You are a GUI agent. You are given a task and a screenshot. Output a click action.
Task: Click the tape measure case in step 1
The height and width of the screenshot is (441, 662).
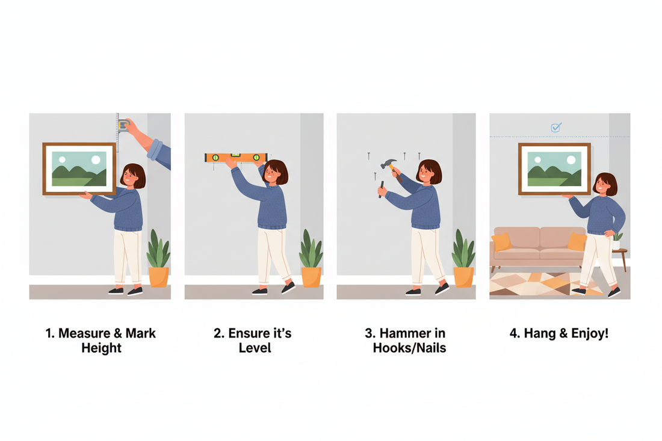pos(124,125)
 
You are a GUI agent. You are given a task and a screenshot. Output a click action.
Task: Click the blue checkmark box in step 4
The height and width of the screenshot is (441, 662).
pos(556,127)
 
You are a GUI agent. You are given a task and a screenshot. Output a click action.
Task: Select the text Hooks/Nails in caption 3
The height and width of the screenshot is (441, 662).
pos(409,348)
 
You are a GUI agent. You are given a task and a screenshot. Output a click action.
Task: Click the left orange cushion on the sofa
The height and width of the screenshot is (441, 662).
pos(501,242)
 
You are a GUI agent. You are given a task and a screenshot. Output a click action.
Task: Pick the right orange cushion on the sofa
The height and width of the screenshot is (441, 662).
pos(577,242)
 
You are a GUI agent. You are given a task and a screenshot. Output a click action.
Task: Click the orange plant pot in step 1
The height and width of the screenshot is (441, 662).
pos(158,277)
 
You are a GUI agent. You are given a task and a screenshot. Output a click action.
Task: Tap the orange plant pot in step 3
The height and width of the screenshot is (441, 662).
pos(463,277)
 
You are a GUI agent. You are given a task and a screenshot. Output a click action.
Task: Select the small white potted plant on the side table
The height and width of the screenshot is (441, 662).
pos(616,241)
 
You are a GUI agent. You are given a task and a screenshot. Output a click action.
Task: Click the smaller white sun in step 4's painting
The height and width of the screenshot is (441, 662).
pos(537,161)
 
